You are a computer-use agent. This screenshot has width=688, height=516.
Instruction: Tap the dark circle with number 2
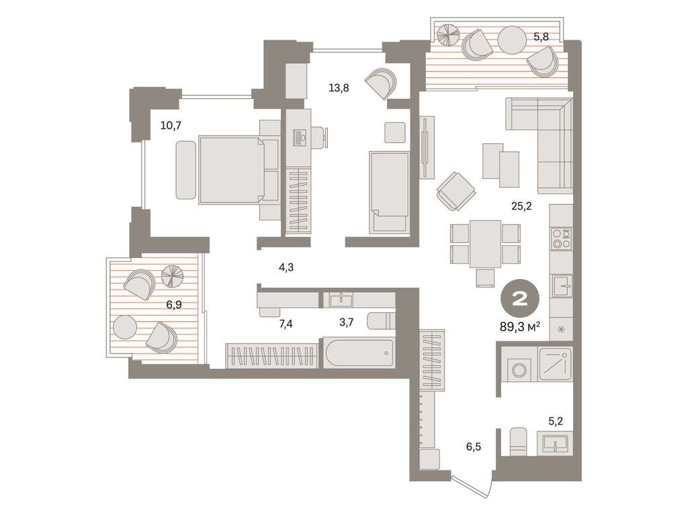tap(520, 300)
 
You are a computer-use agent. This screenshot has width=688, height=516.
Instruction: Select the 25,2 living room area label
tap(521, 206)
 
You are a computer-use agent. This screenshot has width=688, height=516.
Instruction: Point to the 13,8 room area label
tap(338, 87)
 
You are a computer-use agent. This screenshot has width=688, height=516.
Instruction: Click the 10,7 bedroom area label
tap(171, 124)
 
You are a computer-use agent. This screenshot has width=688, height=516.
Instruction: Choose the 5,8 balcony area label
tap(541, 37)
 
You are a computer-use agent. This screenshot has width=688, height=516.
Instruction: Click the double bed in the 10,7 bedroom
tap(232, 169)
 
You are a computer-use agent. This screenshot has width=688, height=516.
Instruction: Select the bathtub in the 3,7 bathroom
tap(359, 352)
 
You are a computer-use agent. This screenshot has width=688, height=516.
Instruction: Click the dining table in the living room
tap(485, 244)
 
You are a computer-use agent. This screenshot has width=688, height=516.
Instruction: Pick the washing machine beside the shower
tap(519, 368)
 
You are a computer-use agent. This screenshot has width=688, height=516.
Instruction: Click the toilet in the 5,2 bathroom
tap(517, 441)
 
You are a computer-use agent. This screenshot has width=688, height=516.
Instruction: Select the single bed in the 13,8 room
tap(389, 192)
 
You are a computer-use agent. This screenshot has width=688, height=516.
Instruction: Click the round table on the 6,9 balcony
tap(124, 327)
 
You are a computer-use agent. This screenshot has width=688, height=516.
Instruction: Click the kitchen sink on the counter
tap(561, 286)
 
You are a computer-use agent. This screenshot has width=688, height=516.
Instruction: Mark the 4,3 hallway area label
tap(286, 267)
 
